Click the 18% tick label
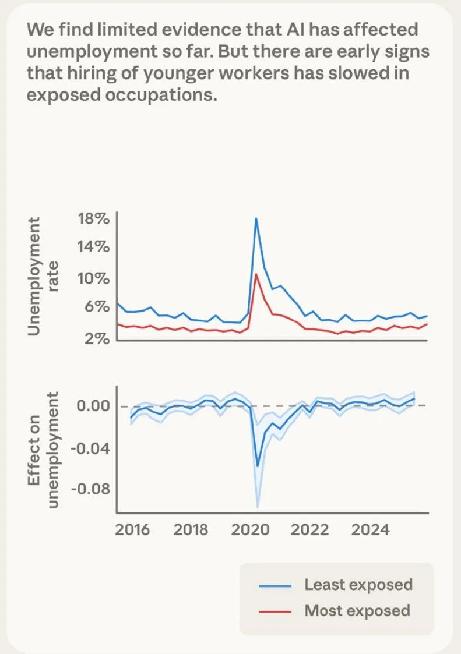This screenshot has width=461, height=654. coord(93,220)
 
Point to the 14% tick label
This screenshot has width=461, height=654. coord(93,247)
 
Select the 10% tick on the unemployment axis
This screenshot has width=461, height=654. coord(93,278)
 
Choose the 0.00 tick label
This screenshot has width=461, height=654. coord(93,405)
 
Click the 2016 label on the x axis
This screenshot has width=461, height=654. coord(132,530)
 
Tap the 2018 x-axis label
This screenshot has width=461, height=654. coord(191,530)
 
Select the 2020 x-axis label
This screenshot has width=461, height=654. coord(250,530)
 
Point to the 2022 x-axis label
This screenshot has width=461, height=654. coord(310,530)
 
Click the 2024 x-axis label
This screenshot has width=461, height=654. coord(371,530)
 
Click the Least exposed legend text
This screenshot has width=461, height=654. coord(358,585)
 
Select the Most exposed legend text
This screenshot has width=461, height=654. coord(357,610)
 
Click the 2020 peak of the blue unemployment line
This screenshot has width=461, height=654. coord(256,218)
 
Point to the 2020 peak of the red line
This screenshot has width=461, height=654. coord(256,274)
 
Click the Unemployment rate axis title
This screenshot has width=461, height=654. coord(42,276)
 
